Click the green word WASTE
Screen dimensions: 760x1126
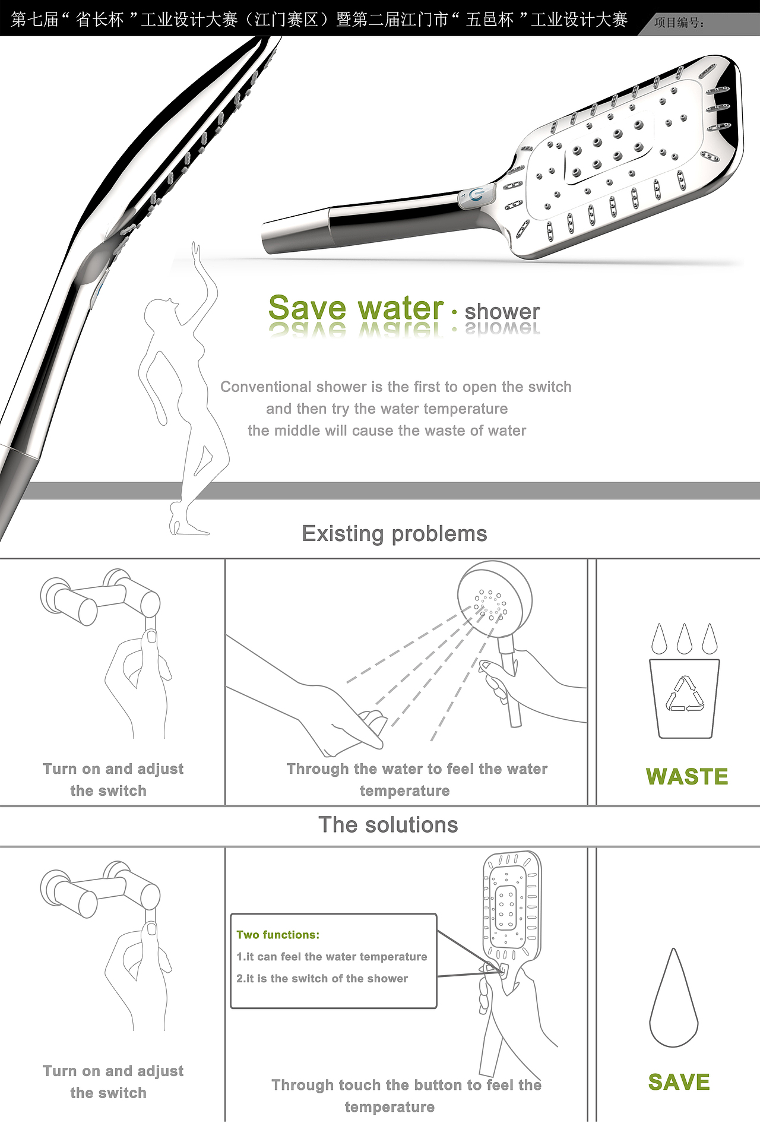point(687,776)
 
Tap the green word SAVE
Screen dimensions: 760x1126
point(679,1082)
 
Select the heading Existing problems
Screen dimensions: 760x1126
point(394,534)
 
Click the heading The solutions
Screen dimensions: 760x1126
point(388,825)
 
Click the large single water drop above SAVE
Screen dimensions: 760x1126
point(674,998)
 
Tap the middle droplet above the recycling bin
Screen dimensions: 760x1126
point(685,639)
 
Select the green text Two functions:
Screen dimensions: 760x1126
point(278,935)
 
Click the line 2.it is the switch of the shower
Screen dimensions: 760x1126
point(322,978)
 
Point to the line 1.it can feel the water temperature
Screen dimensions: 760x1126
point(332,957)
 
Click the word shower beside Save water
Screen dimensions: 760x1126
point(502,311)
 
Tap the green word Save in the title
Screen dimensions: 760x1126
point(307,308)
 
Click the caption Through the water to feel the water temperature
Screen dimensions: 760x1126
point(417,780)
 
